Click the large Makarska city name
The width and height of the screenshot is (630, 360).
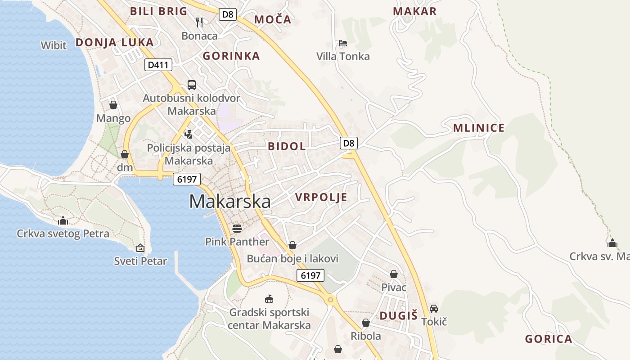230,201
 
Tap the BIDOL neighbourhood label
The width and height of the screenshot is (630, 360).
287,146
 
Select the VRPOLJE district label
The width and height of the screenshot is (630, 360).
321,197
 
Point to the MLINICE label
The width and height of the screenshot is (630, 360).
479,128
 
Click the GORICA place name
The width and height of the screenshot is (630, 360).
549,339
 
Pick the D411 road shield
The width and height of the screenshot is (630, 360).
159,65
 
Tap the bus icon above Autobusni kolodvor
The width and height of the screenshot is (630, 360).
192,85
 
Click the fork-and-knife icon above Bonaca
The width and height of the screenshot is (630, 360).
199,22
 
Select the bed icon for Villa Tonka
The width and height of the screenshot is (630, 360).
343,43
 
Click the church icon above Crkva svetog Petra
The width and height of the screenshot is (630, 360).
63,220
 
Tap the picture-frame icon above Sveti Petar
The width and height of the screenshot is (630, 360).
140,247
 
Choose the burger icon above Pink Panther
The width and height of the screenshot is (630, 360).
237,228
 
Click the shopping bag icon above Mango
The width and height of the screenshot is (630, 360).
113,105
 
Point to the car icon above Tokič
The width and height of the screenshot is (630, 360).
434,308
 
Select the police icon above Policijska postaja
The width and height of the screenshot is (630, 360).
189,134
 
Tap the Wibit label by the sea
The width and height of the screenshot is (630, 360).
54,45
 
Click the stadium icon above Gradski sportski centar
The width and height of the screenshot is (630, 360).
269,299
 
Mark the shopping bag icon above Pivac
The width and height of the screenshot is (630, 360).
394,274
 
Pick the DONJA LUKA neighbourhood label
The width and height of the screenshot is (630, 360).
114,42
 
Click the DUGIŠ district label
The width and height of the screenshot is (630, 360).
399,315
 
